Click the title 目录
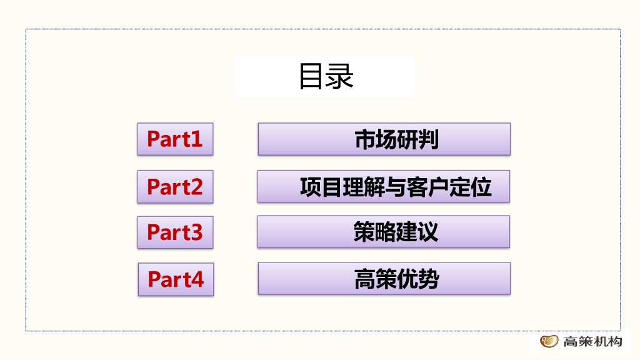pos(326,76)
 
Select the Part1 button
pos(175,139)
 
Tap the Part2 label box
pos(175,186)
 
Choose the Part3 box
pos(175,232)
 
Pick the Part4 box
pos(176,279)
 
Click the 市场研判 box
pos(384,139)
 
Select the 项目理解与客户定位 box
pos(384,186)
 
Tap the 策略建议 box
pos(384,232)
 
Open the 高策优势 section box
pos(384,279)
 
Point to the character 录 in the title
pos(341,76)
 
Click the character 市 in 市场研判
pos(365,139)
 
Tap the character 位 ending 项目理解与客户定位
pos(481,187)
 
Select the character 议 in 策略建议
pos(428,232)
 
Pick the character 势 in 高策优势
pos(428,279)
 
